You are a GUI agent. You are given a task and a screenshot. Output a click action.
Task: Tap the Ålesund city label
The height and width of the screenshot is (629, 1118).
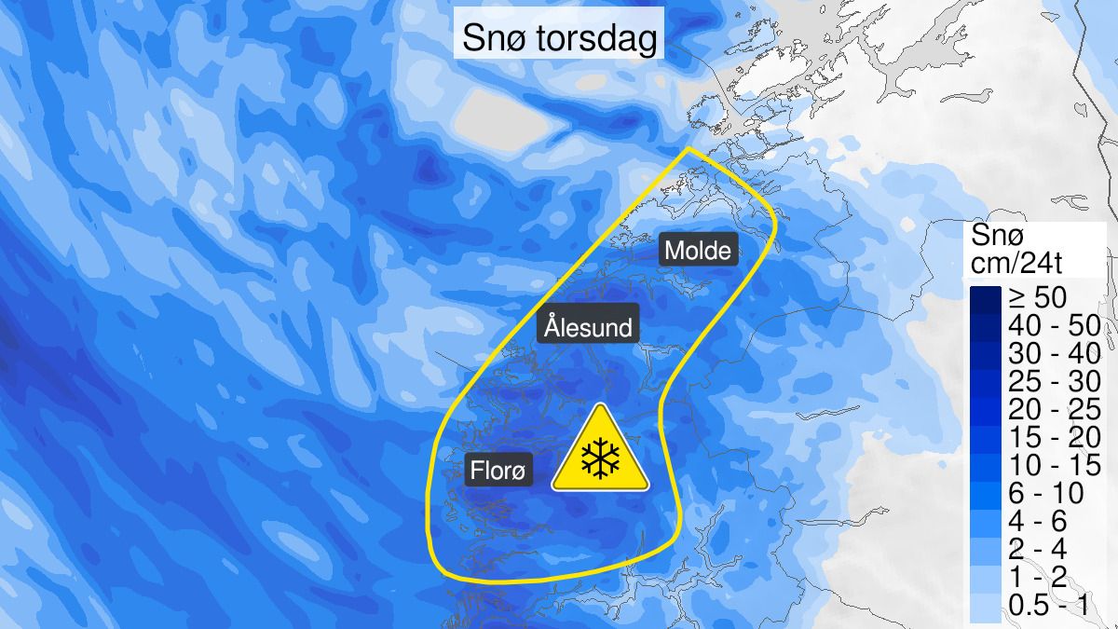[x=588, y=328]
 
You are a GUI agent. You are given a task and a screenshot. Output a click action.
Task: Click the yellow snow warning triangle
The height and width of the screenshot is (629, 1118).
[x=600, y=451]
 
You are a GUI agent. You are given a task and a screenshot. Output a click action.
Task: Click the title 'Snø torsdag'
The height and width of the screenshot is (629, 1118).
[x=559, y=40]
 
